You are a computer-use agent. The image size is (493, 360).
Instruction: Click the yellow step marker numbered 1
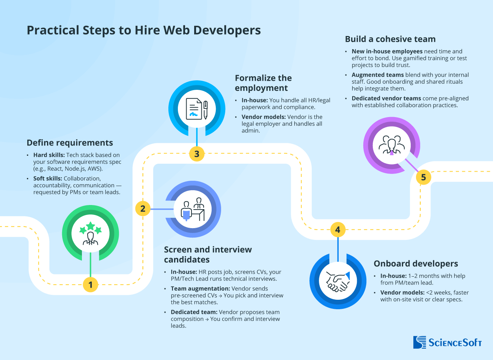(x=90, y=285)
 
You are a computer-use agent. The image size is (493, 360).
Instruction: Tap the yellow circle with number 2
(x=143, y=208)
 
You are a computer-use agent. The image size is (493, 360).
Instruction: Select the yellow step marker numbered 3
(x=197, y=154)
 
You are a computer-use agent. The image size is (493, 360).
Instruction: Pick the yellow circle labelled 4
(x=338, y=229)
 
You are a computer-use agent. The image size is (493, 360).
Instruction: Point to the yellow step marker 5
(x=424, y=177)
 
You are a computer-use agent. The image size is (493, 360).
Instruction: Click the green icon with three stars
(x=90, y=233)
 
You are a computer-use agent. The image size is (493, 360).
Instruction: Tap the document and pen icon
(x=197, y=109)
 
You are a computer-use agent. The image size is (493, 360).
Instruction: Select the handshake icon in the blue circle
(x=338, y=281)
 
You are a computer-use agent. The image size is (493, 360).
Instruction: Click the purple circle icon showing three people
(x=391, y=145)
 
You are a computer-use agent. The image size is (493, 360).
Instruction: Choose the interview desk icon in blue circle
(x=193, y=209)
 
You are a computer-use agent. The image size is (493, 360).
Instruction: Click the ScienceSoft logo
(x=447, y=342)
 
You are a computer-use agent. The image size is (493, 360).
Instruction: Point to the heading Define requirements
(x=70, y=143)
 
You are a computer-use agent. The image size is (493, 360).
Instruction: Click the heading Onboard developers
(x=416, y=264)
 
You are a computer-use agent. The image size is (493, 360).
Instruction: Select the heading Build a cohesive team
(x=390, y=39)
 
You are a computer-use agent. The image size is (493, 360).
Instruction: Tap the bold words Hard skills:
(x=49, y=155)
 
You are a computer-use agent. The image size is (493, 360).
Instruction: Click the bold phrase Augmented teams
(x=377, y=75)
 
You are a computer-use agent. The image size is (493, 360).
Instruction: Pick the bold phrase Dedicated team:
(x=194, y=312)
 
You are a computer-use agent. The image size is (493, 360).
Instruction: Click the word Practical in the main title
(x=53, y=30)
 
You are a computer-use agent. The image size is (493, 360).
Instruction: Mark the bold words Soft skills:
(x=47, y=178)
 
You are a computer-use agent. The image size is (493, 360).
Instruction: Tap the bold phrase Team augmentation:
(x=200, y=289)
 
